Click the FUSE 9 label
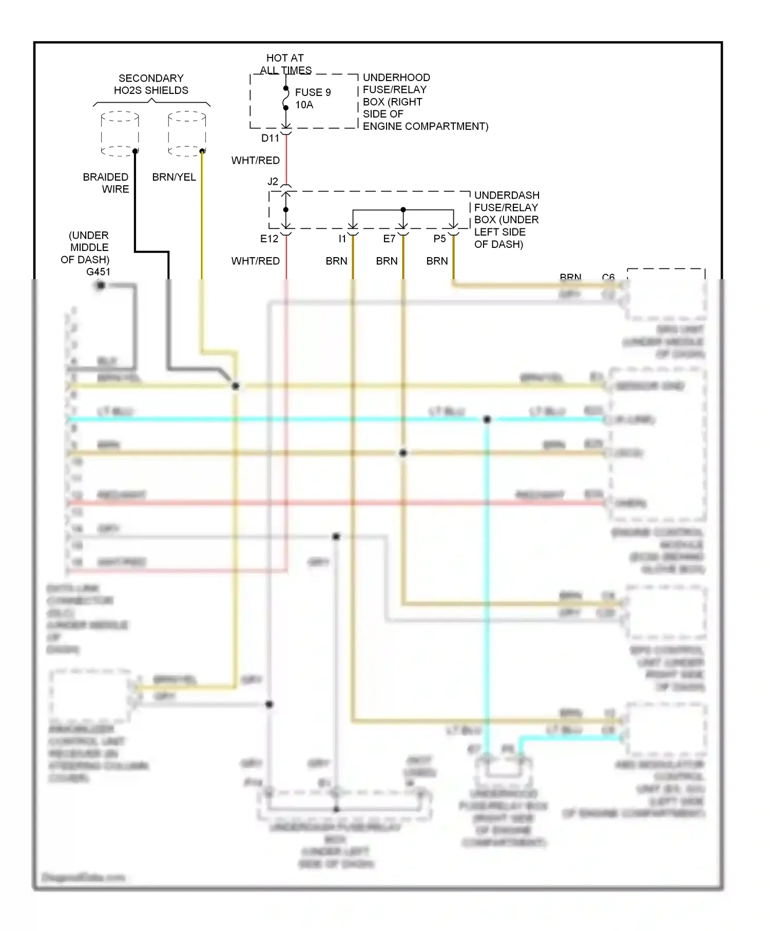pos(313,92)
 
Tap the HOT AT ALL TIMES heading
pos(285,64)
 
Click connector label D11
pos(270,138)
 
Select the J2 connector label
pos(273,182)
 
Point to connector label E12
pos(269,239)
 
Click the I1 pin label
pos(342,239)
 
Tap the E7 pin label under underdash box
pos(389,239)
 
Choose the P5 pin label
pos(439,239)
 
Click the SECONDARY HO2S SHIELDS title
pos(151,84)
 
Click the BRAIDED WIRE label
pos(106,183)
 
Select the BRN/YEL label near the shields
pos(174,177)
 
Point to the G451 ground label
pos(98,271)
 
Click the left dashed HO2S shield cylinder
pos(120,133)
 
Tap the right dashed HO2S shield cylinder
pos(187,133)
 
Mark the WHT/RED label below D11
pos(255,161)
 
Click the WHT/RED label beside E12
pos(255,261)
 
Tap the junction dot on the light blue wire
pos(487,419)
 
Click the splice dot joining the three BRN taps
pos(403,209)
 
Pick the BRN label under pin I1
pos(336,261)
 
